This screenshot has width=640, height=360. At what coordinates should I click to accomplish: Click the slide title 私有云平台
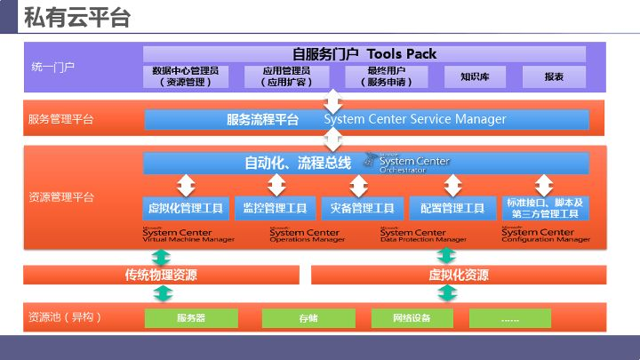(x=77, y=17)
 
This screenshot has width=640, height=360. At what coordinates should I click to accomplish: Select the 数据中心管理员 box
(x=187, y=76)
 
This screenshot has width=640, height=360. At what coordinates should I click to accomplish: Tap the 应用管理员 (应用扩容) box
(x=286, y=76)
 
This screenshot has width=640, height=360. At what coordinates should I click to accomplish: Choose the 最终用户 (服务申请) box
(x=386, y=76)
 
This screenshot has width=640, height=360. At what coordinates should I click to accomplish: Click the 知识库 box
(x=475, y=76)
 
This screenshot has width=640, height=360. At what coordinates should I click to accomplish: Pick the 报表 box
(x=554, y=76)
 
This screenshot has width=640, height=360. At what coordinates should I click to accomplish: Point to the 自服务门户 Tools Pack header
(x=364, y=53)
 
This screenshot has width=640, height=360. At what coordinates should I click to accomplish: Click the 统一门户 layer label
(x=52, y=67)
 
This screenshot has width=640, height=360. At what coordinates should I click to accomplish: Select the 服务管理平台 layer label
(x=60, y=119)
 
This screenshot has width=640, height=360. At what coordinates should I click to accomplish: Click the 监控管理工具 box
(x=276, y=208)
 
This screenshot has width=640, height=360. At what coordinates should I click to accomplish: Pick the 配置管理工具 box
(x=452, y=208)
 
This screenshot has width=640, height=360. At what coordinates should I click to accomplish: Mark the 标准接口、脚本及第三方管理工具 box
(x=543, y=208)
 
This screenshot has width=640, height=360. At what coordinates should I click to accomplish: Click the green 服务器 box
(x=190, y=317)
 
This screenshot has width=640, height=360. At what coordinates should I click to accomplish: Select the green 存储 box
(x=308, y=317)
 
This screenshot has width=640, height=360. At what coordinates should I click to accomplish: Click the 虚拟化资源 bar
(x=458, y=275)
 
